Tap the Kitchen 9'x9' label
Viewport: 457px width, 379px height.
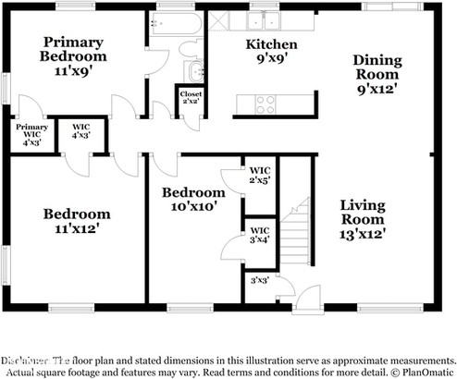click(x=271, y=52)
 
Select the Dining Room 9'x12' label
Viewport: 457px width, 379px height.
click(x=377, y=74)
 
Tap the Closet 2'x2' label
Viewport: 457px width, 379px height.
click(x=191, y=97)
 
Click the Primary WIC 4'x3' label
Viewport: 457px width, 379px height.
click(x=31, y=135)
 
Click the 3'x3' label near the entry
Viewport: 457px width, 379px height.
click(x=260, y=278)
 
